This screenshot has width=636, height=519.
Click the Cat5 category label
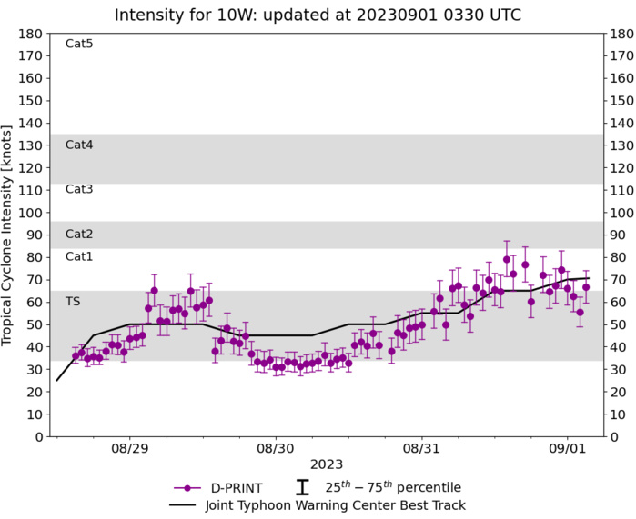point(79,44)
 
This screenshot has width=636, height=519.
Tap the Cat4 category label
point(79,145)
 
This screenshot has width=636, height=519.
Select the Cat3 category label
point(79,189)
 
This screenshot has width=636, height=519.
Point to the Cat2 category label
point(79,235)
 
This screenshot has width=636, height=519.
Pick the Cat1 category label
point(79,256)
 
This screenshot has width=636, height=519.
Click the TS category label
point(73,301)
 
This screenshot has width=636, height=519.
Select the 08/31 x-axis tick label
point(421,449)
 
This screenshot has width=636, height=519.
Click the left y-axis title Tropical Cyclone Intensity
point(12,235)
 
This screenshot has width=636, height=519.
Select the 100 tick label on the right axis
point(622,213)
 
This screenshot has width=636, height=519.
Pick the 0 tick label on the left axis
point(38,437)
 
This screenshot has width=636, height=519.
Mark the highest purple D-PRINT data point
point(507,259)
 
